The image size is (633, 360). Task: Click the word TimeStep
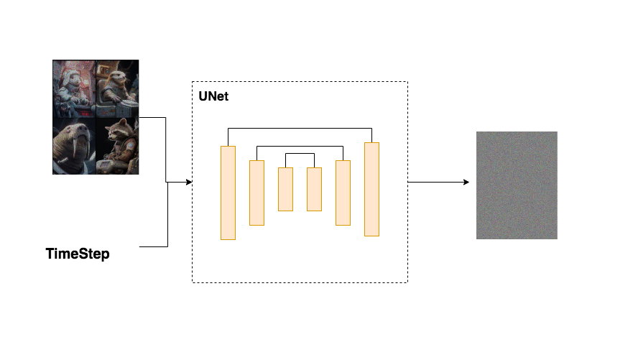[78, 254]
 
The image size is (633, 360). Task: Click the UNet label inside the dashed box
[213, 96]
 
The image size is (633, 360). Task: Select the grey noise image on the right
[517, 185]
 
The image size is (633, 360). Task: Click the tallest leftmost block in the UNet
[228, 193]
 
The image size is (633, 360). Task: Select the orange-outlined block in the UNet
[371, 189]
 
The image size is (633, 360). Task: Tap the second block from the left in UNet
[257, 193]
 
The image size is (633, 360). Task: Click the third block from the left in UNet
[285, 189]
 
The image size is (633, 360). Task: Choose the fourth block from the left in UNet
[314, 189]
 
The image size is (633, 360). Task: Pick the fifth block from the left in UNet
[343, 193]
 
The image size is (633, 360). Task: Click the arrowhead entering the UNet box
[189, 183]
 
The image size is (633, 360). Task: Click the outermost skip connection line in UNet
[300, 129]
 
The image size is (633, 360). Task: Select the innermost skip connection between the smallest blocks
[300, 154]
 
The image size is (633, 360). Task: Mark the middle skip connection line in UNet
[300, 147]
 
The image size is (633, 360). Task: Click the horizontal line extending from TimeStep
[152, 246]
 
